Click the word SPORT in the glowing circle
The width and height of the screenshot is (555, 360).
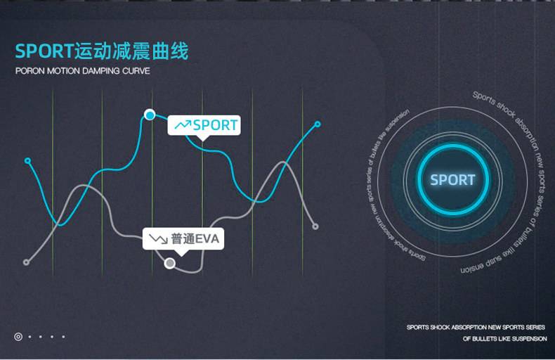pos(452,180)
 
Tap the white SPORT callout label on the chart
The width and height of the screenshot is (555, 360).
pos(204,125)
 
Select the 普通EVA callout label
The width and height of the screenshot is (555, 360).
pos(183,239)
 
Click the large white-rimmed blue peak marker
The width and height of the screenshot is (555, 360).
pos(149,115)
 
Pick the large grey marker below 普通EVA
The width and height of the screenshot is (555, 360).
pos(169,264)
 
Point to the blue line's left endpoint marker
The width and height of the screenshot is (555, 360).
pos(27,160)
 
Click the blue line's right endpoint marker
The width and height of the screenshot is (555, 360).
pos(318,124)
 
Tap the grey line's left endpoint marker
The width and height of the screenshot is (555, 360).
pos(26,262)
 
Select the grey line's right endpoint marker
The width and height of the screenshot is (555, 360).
pos(315,226)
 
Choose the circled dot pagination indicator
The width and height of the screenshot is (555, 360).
pos(18,337)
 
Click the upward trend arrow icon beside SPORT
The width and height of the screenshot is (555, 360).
pos(183,125)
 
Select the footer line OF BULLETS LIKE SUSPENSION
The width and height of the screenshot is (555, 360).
pos(504,339)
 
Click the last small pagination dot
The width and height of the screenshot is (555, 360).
pos(63,337)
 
